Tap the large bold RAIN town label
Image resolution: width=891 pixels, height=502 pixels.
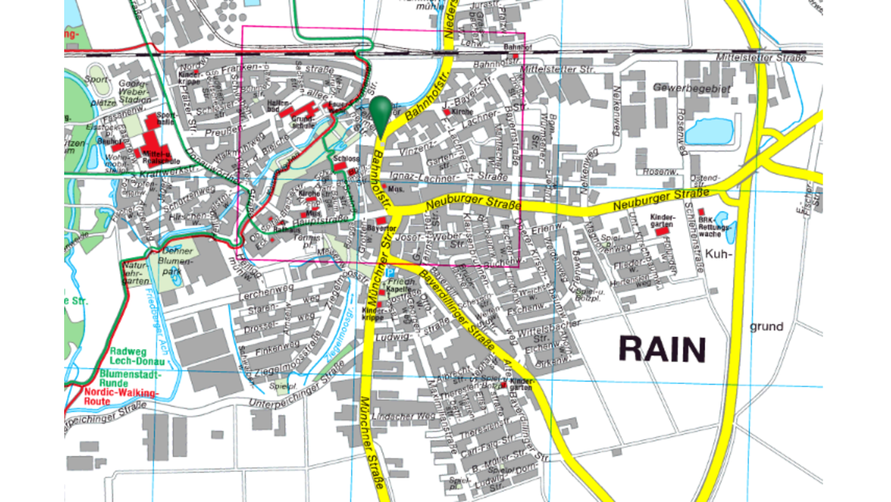pos(662,349)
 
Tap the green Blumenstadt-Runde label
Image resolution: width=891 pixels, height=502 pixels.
pos(129,377)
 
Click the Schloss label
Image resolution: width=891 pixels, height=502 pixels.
pos(345,159)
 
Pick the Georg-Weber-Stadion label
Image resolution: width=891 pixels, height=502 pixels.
pos(136,88)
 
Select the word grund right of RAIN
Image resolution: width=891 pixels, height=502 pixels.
pos(766,327)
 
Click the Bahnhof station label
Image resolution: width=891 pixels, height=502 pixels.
pos(517,47)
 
